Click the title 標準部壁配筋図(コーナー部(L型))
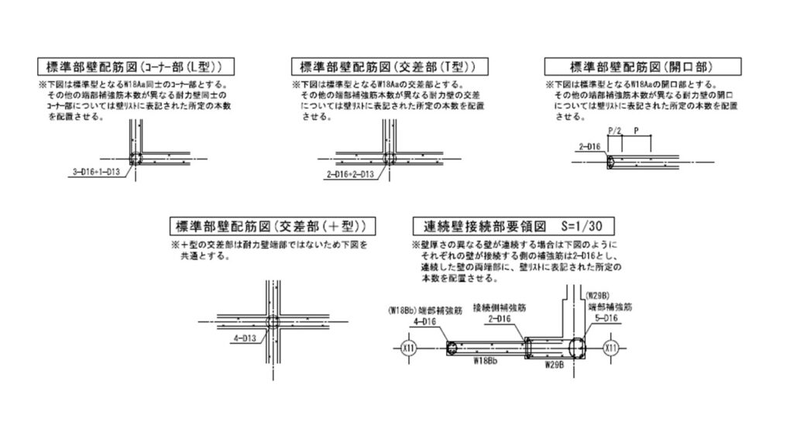[136, 66]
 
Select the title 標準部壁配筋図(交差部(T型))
[383, 66]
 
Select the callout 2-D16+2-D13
[351, 173]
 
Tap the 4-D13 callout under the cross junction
[243, 338]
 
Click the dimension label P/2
[616, 132]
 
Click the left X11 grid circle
[410, 348]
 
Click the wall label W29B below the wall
[556, 362]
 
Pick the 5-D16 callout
[605, 318]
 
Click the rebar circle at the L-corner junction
[136, 159]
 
